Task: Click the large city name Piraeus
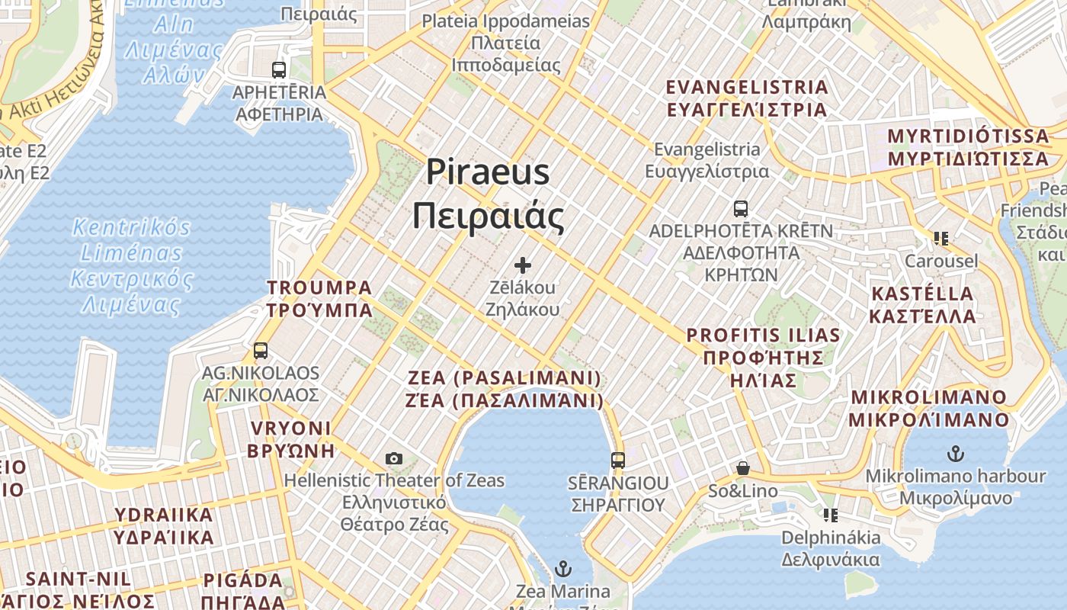[488, 172]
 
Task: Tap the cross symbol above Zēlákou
[523, 265]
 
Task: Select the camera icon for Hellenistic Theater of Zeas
[394, 458]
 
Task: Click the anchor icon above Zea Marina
[563, 569]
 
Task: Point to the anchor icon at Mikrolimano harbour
[955, 454]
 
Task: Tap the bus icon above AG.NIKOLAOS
[261, 351]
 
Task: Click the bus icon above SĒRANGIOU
[618, 461]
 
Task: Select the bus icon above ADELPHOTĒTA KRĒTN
[740, 208]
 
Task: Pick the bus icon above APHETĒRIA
[279, 70]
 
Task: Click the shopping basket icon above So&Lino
[743, 468]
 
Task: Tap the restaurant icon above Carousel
[941, 239]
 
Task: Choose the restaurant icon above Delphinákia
[831, 515]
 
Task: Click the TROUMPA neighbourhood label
[320, 288]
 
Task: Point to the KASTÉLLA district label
[923, 294]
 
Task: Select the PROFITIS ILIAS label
[764, 335]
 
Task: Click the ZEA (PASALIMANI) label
[505, 378]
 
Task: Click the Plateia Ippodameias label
[506, 21]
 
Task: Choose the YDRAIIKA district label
[164, 515]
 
